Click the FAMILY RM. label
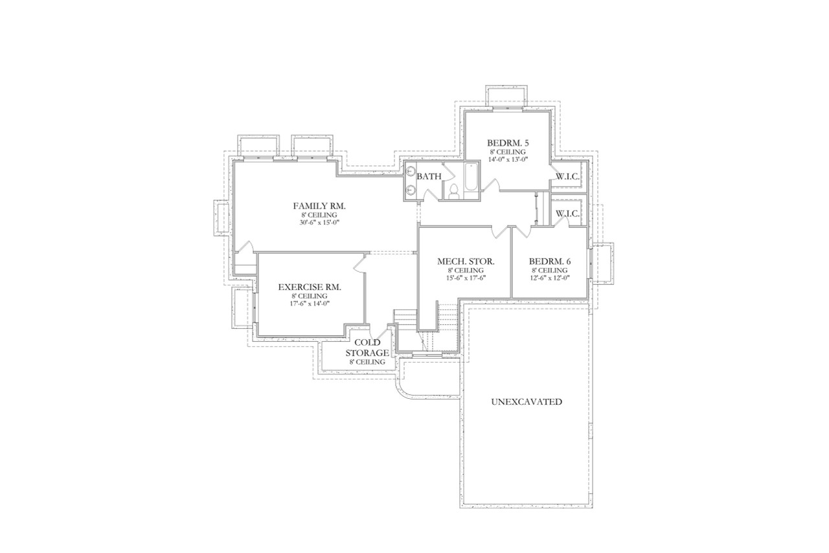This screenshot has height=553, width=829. point(319,206)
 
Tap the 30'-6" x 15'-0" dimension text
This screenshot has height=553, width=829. point(319,222)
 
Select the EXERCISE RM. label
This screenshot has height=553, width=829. point(309,287)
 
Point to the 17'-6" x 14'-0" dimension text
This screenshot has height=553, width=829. point(309,303)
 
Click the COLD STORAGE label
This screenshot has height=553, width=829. point(370,348)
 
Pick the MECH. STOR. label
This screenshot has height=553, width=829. point(466,262)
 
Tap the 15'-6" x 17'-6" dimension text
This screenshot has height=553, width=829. point(466,278)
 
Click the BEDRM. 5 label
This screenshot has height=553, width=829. point(508,143)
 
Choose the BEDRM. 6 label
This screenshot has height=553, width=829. point(549,262)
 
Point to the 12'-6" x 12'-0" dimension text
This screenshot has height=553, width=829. point(549,278)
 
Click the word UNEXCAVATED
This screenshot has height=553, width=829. point(526,401)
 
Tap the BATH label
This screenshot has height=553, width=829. point(429,176)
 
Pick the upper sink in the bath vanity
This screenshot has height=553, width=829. point(411,171)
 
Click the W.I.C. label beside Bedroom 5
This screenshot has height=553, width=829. point(567,176)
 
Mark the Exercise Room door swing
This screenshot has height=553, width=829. point(359,262)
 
